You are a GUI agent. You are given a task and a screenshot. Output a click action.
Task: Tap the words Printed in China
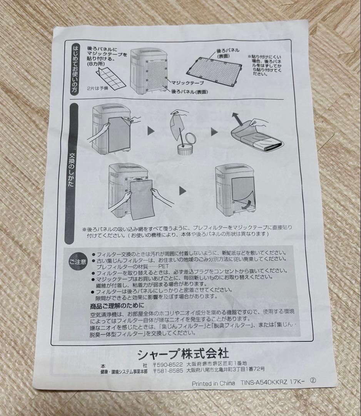click(213, 383)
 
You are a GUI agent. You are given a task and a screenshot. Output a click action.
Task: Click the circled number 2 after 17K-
click(313, 379)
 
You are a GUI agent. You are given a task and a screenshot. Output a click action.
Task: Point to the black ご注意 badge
click(78, 261)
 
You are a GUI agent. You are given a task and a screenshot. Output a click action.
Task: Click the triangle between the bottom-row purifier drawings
click(182, 190)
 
